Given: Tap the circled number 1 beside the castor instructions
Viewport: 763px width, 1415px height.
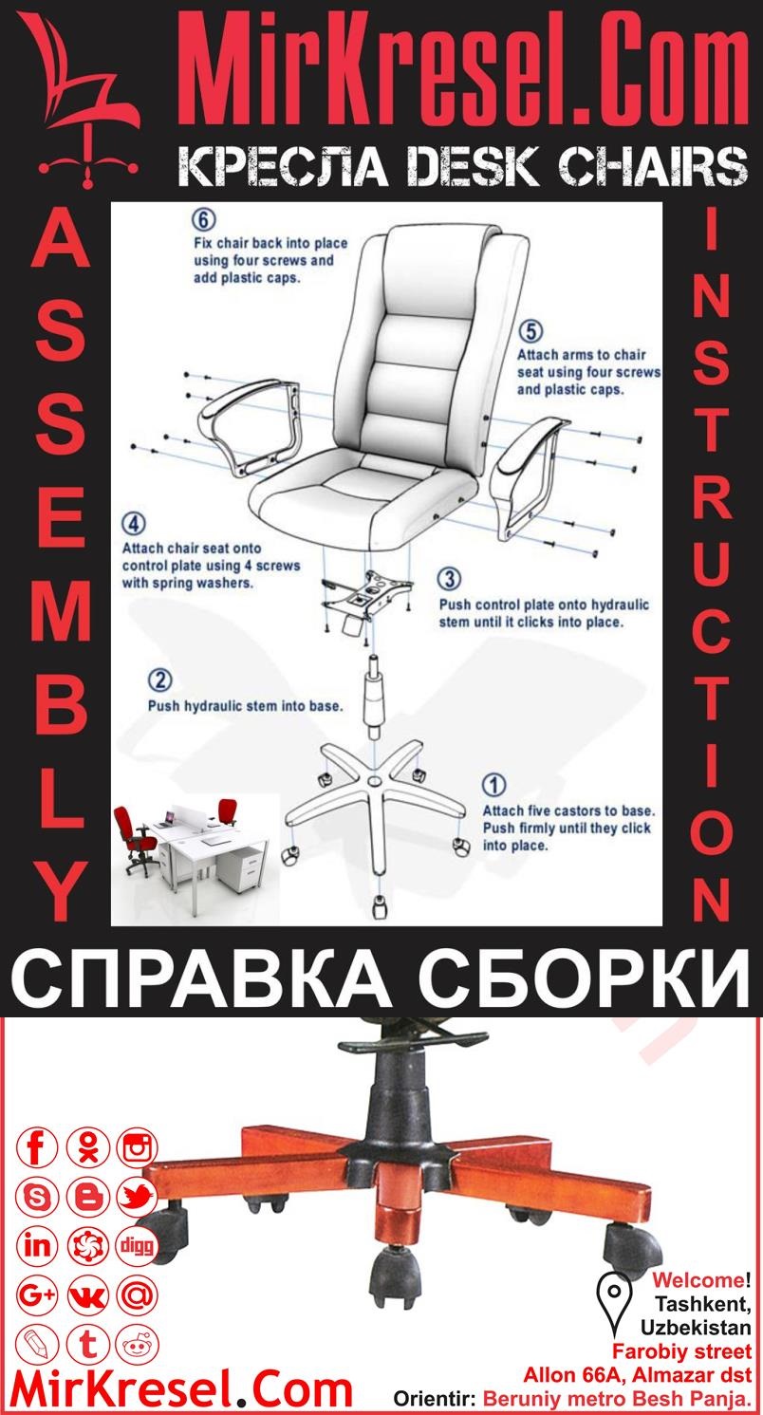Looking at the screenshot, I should [x=494, y=785].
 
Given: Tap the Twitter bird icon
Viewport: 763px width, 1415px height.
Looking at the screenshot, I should [x=137, y=1198].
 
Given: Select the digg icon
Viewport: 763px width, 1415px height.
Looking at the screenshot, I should [x=137, y=1245].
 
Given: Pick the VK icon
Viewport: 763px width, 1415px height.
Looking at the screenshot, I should [x=87, y=1294].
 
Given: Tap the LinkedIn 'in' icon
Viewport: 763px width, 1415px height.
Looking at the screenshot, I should [x=38, y=1245].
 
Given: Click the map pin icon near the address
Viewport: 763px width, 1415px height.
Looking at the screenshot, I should [x=614, y=1302].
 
